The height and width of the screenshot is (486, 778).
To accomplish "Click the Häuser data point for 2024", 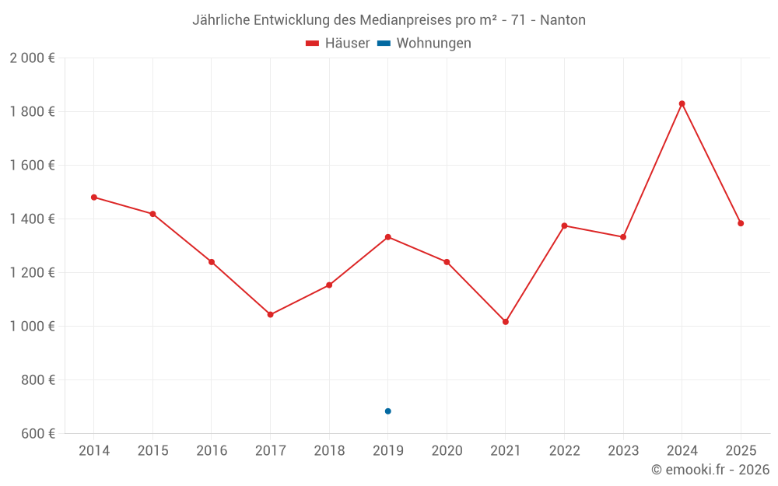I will (x=682, y=103).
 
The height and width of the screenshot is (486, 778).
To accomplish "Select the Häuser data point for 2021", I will (x=506, y=322).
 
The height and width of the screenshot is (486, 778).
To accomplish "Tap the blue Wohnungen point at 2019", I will (x=388, y=411).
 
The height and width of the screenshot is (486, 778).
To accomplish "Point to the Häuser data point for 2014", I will (x=94, y=198).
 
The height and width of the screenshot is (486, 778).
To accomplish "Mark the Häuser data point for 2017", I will (x=270, y=315).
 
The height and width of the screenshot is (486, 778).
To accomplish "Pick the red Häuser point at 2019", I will (x=388, y=236).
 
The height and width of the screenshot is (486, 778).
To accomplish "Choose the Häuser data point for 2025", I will (x=741, y=223).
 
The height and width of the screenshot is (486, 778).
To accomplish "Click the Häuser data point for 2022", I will (x=564, y=226).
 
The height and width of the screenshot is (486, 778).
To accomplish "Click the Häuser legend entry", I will (x=338, y=44).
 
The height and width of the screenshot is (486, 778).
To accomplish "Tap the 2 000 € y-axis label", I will (x=32, y=58).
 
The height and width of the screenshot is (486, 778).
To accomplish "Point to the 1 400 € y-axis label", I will (x=32, y=219).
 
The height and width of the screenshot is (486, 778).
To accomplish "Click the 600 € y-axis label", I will (x=37, y=434).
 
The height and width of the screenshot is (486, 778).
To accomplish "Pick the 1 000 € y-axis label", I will (x=32, y=327).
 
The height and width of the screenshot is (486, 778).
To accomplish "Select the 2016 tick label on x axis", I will (x=212, y=451).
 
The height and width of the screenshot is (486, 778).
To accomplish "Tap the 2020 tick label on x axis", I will (x=447, y=451).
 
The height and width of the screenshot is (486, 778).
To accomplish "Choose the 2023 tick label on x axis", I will (x=623, y=451).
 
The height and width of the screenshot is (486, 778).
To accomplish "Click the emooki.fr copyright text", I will (x=710, y=470).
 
